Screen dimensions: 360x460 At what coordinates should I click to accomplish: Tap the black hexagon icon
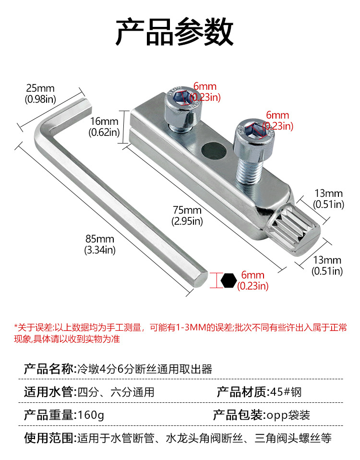[229, 280]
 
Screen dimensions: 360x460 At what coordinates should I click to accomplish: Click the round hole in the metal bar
[212, 151]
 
